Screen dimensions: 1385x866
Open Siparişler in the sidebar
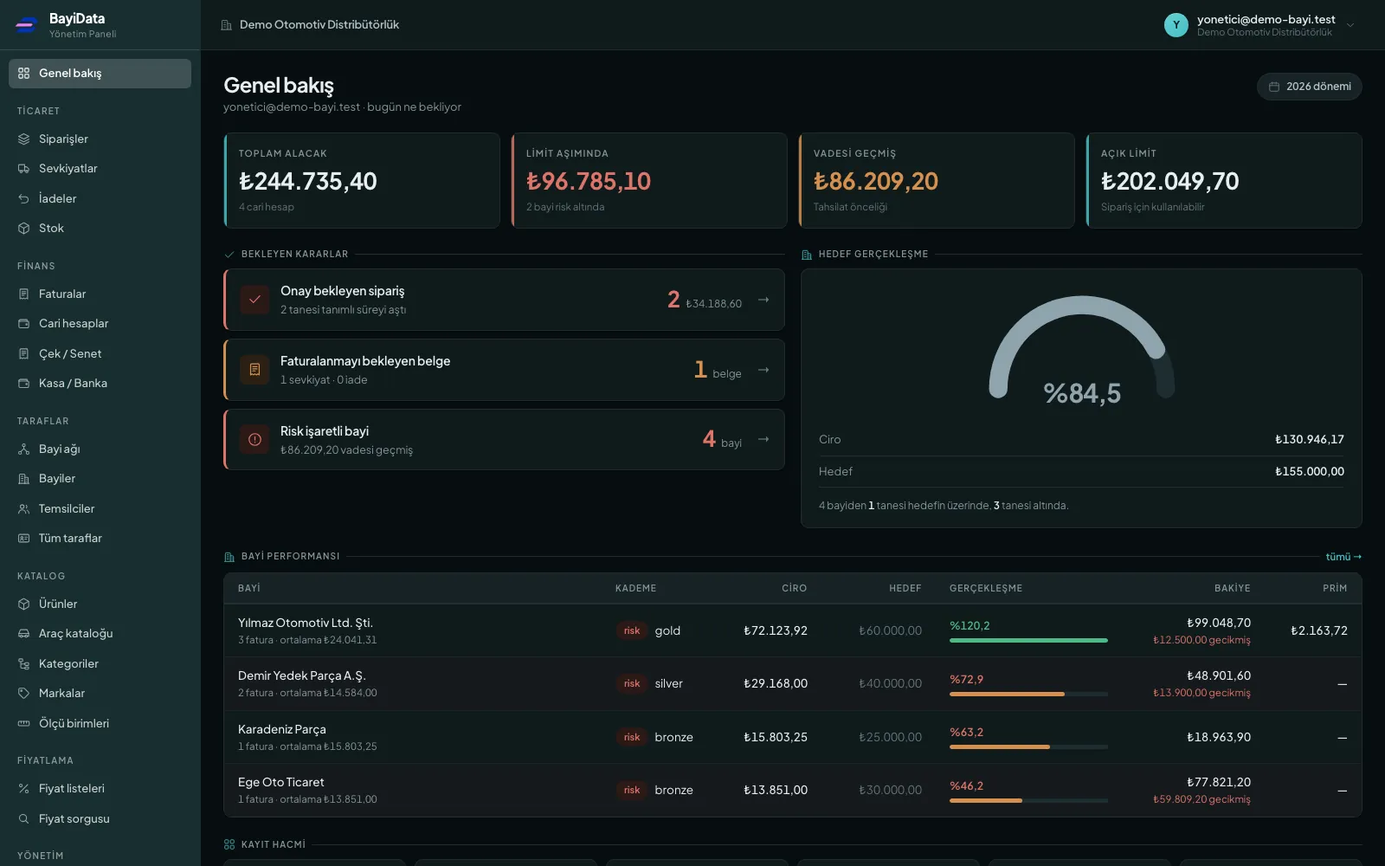coord(63,139)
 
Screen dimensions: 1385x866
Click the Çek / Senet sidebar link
coord(70,353)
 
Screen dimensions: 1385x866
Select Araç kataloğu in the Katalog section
coord(75,633)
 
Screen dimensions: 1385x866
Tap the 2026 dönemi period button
coord(1309,87)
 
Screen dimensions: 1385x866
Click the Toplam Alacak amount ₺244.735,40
coord(307,181)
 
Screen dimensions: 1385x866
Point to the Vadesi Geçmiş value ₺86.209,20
coord(875,181)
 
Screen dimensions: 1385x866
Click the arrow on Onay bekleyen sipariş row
coord(763,300)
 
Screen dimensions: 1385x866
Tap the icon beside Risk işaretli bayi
coord(254,439)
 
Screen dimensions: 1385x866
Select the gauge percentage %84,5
coord(1081,393)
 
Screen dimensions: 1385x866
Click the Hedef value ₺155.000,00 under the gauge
coord(1309,471)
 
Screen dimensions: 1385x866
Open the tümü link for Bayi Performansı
coord(1343,557)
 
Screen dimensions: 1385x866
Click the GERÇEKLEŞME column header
coord(986,588)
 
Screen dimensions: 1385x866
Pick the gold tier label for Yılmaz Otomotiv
coord(667,630)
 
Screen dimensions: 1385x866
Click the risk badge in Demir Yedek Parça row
coord(631,683)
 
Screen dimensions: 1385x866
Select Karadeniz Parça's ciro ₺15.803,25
coord(776,737)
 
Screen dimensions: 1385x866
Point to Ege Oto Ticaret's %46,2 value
coord(966,785)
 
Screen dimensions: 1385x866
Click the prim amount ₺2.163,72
coord(1319,630)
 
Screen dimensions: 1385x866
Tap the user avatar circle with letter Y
coord(1176,25)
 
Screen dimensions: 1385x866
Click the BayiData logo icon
coord(27,25)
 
